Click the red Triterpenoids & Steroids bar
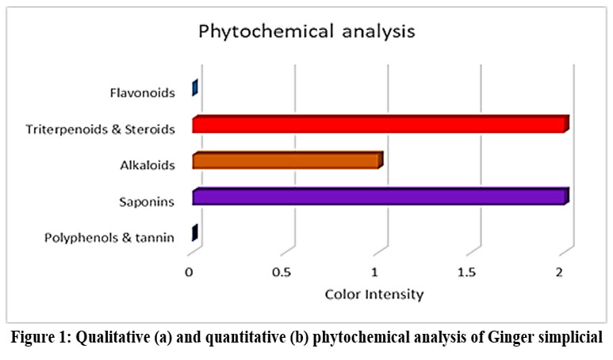(379, 124)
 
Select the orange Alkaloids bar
(286, 161)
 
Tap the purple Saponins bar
(379, 197)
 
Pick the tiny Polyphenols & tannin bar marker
(194, 233)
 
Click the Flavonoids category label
(142, 94)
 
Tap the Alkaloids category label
(148, 164)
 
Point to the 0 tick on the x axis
(189, 273)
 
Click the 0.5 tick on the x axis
(281, 273)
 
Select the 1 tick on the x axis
(374, 273)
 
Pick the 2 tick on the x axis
(560, 273)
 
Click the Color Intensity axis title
(374, 294)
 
